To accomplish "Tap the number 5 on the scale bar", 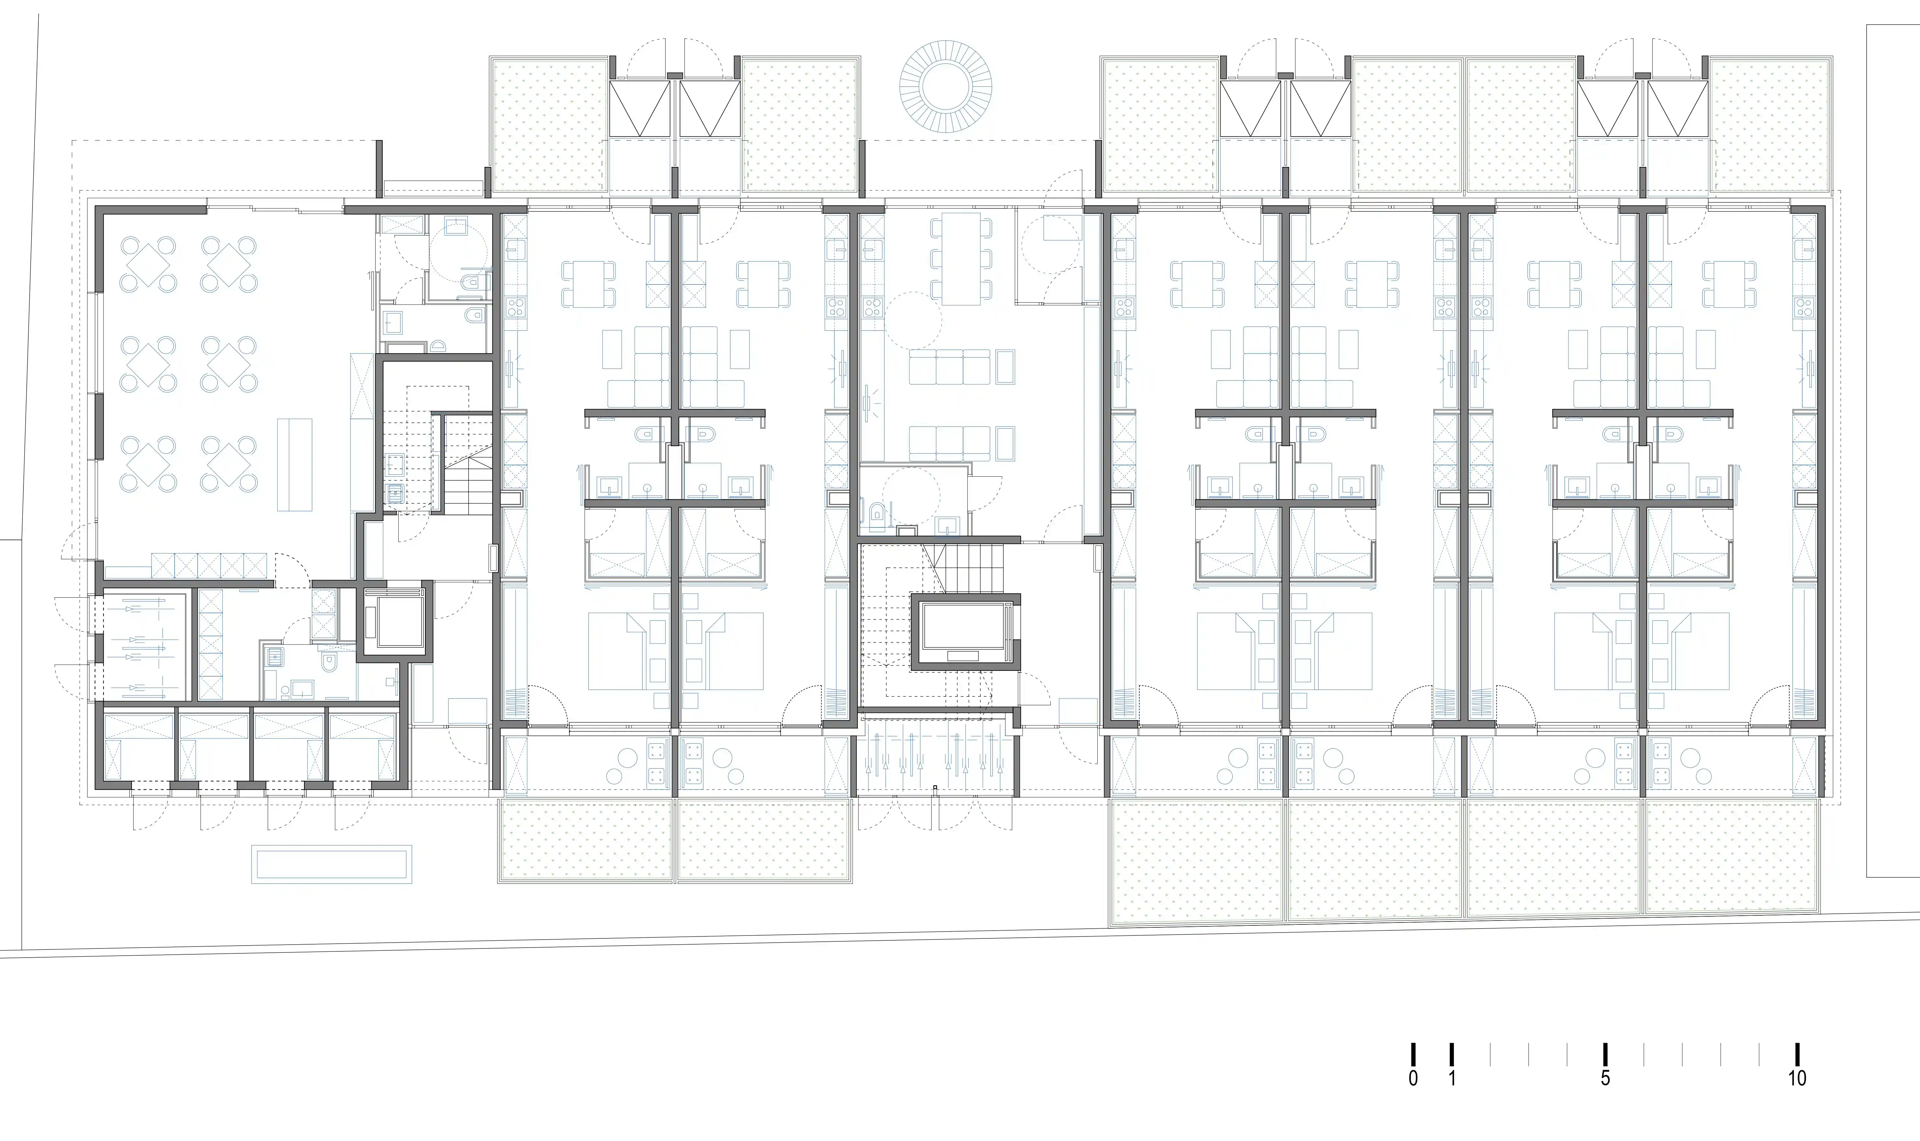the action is (1605, 1078).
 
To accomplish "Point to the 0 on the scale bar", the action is (1413, 1078).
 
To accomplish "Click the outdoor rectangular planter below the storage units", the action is (331, 864).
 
